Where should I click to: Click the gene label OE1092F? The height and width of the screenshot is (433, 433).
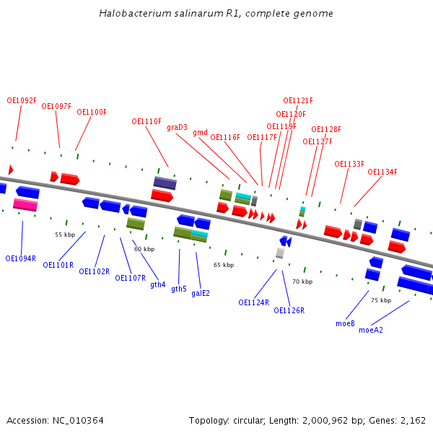22,101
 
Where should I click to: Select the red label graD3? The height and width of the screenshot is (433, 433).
177,128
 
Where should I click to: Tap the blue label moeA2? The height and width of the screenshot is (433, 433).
371,330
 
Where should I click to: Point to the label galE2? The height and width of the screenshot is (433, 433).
201,293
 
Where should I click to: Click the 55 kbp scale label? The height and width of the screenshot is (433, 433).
65,235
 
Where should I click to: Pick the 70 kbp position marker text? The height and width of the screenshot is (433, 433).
302,281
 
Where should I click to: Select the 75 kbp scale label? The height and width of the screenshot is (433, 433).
381,300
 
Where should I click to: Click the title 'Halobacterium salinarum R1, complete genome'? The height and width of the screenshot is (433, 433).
216,14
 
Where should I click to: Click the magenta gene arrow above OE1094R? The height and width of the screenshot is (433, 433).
25,205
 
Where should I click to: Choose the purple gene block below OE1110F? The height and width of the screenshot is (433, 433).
165,183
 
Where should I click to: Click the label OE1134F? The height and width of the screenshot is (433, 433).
382,172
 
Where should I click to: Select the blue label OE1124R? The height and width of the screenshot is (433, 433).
254,302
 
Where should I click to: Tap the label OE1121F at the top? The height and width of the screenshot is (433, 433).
298,101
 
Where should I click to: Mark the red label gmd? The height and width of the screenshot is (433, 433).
200,133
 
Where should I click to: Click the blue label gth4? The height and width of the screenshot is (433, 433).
158,284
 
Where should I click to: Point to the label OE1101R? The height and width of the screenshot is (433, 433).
58,265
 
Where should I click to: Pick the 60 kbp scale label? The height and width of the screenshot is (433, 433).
144,249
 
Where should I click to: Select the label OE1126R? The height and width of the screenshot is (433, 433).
289,310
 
